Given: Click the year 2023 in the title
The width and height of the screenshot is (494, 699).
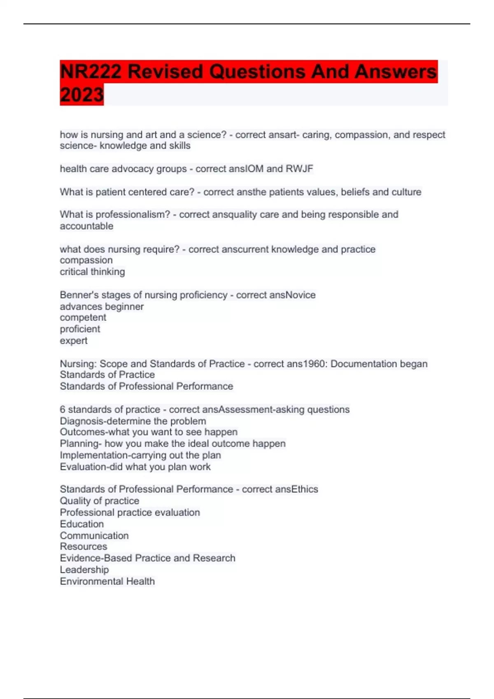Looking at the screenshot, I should (x=82, y=95).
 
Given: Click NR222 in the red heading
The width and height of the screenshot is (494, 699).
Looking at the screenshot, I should (x=91, y=72).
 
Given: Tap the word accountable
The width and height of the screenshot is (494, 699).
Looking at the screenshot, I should (x=86, y=226).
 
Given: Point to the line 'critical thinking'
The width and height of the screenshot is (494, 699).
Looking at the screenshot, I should (x=92, y=272).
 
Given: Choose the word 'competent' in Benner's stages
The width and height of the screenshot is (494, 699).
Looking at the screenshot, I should (x=83, y=317).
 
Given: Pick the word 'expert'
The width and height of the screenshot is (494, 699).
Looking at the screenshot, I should (x=73, y=340).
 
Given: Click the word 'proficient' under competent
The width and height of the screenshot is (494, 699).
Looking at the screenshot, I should (x=80, y=329).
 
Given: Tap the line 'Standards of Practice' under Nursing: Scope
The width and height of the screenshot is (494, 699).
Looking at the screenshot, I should (x=107, y=375).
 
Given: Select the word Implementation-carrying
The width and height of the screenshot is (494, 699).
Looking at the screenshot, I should (x=108, y=455).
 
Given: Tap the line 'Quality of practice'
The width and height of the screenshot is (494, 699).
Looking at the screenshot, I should (x=99, y=501).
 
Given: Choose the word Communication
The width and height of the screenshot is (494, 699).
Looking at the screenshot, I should (x=94, y=535).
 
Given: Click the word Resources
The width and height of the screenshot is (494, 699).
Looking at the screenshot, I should (x=83, y=546).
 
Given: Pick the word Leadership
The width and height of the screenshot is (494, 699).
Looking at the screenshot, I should (x=84, y=569).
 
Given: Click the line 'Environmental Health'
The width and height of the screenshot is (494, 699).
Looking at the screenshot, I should (x=107, y=581).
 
